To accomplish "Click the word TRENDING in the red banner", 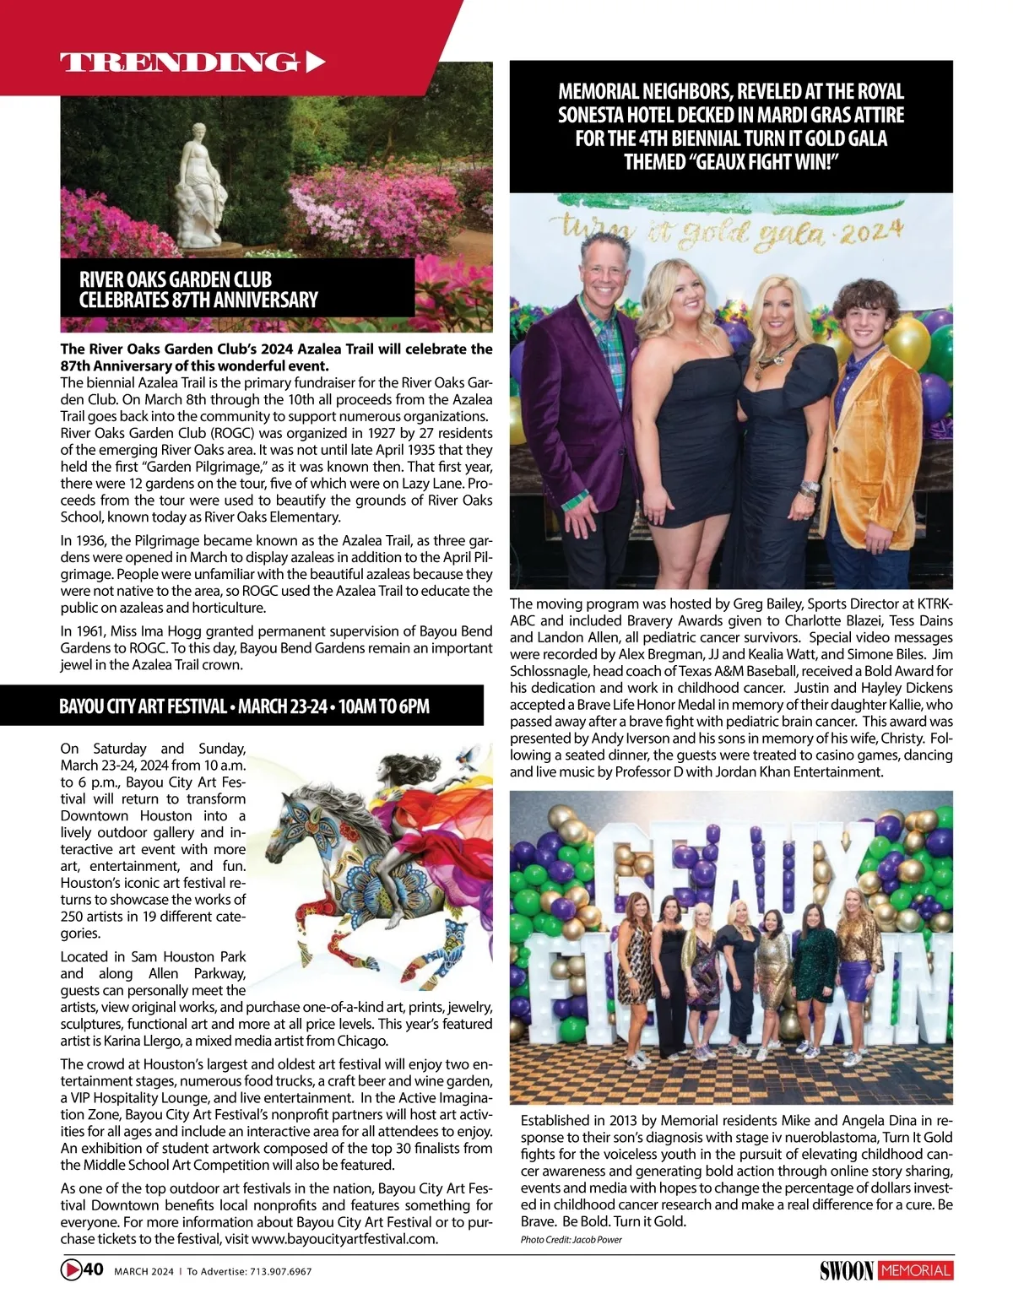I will (x=179, y=62).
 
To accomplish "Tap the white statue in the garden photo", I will (x=200, y=186).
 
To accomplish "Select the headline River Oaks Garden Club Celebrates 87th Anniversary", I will (x=198, y=289).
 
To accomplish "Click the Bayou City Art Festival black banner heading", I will (x=244, y=706).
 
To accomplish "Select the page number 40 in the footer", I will (x=94, y=1269).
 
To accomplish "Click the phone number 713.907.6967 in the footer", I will (x=280, y=1271).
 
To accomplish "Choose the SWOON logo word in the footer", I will (x=846, y=1270).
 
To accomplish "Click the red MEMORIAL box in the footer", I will (x=916, y=1270).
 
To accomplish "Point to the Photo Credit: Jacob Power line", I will (x=571, y=1239).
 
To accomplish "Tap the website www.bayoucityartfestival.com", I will (x=344, y=1239).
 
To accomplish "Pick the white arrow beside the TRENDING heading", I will (x=314, y=62).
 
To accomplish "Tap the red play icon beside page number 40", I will (x=71, y=1269).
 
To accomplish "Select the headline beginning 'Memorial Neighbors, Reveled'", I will (x=731, y=127).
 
